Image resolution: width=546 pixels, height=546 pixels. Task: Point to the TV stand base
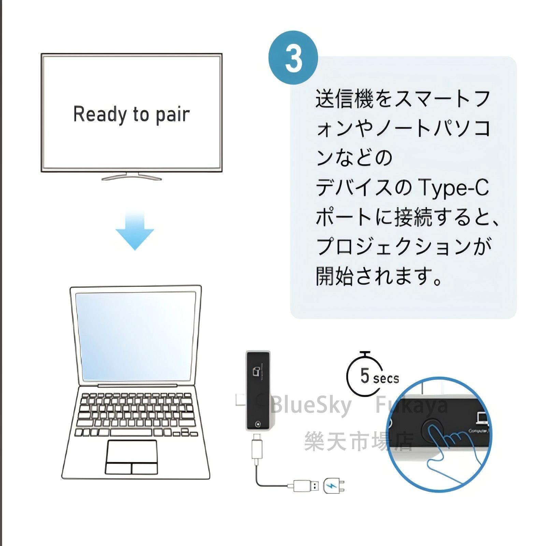pyautogui.click(x=131, y=177)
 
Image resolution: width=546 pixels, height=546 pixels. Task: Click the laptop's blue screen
pyautogui.click(x=135, y=336)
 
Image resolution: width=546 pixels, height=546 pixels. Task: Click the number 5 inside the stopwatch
pyautogui.click(x=364, y=375)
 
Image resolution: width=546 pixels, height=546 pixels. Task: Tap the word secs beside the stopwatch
pyautogui.click(x=386, y=378)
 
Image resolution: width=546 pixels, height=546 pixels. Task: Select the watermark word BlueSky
pyautogui.click(x=311, y=405)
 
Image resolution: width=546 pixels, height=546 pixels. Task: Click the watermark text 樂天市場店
pyautogui.click(x=358, y=441)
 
